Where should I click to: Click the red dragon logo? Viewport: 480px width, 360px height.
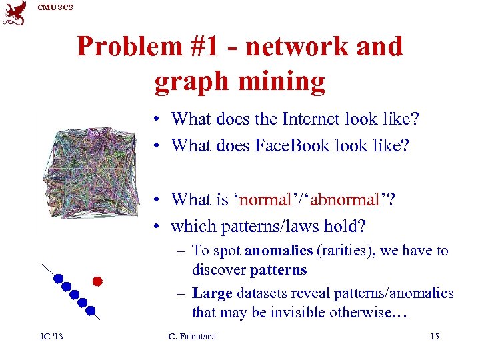pyautogui.click(x=15, y=13)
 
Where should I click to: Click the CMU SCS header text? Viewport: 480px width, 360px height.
pyautogui.click(x=55, y=7)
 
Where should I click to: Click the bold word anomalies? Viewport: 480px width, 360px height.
pyautogui.click(x=279, y=251)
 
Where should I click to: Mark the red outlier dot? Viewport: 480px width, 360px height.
pyautogui.click(x=97, y=280)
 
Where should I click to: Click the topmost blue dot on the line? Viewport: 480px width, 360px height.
pyautogui.click(x=59, y=279)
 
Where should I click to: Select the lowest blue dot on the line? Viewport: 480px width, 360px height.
pyautogui.click(x=90, y=310)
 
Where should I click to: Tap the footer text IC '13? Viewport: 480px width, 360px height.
pyautogui.click(x=50, y=336)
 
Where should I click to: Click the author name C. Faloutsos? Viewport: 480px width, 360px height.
pyautogui.click(x=192, y=336)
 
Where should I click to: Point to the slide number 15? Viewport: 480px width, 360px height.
pyautogui.click(x=434, y=336)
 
